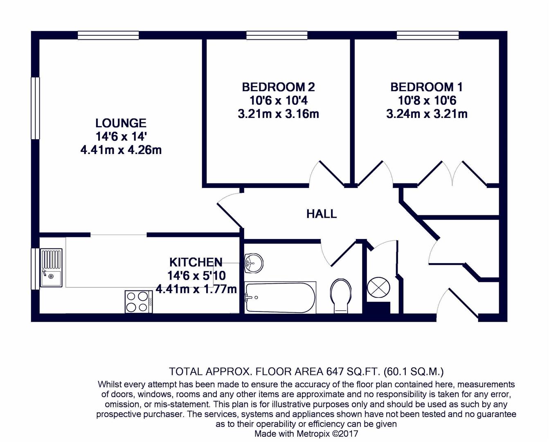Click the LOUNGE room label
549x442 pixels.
point(121,123)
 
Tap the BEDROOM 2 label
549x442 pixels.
point(278,87)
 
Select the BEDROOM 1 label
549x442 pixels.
point(427,87)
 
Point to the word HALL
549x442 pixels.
point(322,214)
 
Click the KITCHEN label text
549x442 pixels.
point(196,262)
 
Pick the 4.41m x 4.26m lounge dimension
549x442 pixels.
point(121,150)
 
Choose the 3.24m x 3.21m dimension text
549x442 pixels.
point(427,114)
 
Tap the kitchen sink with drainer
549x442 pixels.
point(51,267)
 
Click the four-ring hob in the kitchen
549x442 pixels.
point(139,302)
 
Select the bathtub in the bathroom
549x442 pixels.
point(280,298)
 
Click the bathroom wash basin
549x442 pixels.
point(254,263)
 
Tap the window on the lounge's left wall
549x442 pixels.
point(36,108)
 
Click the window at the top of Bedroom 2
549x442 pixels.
point(277,36)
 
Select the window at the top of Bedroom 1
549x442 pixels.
point(427,36)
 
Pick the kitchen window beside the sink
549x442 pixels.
point(36,269)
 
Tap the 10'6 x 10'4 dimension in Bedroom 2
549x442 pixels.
point(278,101)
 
